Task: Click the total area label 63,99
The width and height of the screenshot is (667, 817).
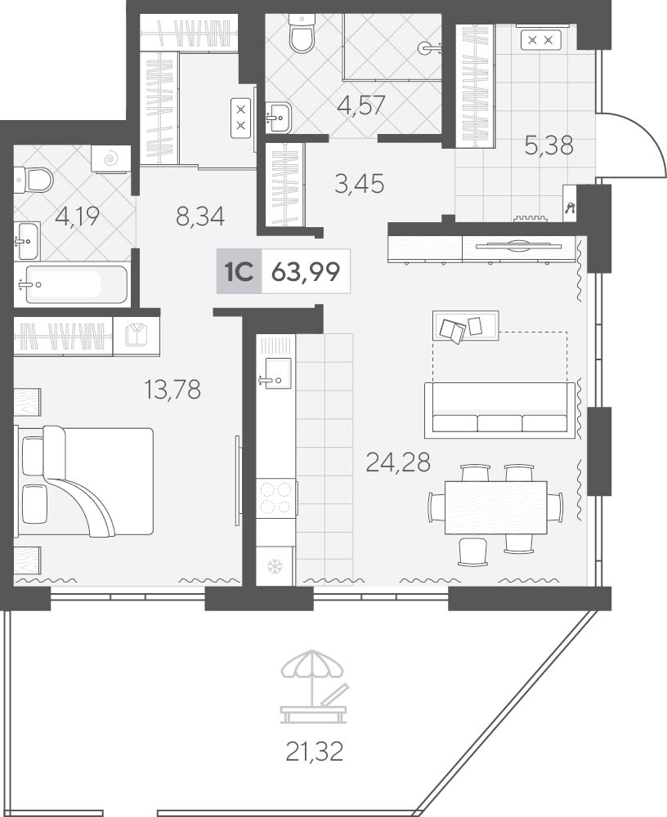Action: click(x=307, y=271)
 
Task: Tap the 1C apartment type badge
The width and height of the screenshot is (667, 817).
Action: click(x=239, y=271)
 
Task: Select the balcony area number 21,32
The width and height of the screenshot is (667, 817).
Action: click(x=315, y=751)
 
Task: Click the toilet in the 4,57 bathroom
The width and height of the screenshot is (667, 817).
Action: click(x=302, y=33)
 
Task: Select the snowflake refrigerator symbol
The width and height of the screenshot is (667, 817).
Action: click(x=275, y=566)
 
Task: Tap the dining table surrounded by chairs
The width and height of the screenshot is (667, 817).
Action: click(x=496, y=507)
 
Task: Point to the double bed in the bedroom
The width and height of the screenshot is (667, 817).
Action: click(x=86, y=481)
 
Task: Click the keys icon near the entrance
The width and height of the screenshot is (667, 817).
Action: click(x=570, y=208)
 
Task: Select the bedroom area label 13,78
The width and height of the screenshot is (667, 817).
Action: click(x=172, y=389)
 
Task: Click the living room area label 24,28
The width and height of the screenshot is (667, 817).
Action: click(x=398, y=461)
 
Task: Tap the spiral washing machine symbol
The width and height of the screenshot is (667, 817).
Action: click(x=111, y=158)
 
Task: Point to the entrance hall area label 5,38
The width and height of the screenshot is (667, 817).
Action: click(x=549, y=145)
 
